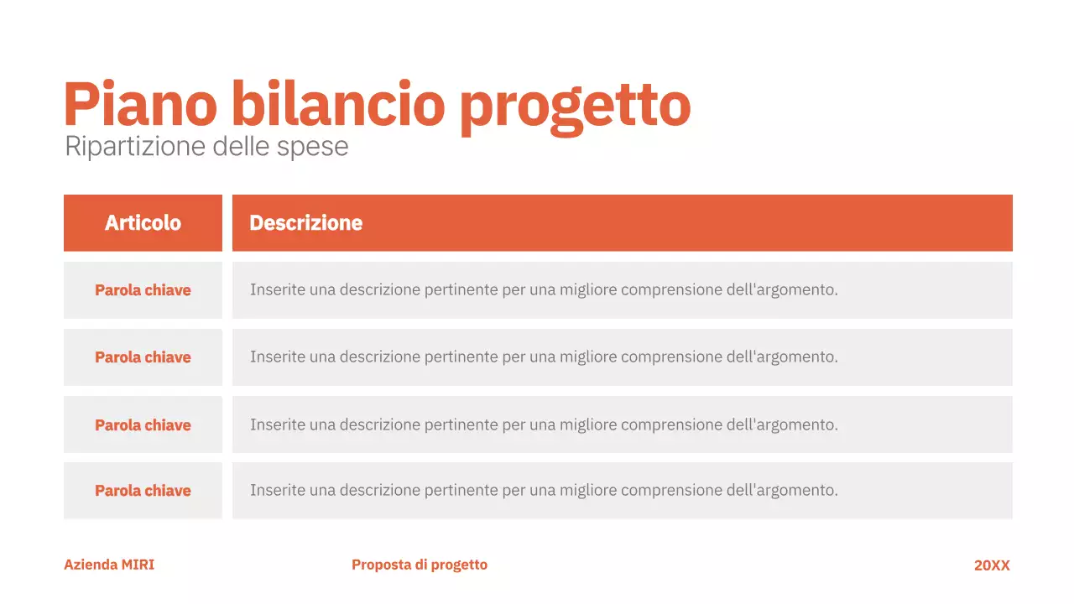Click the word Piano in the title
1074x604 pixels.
pyautogui.click(x=140, y=105)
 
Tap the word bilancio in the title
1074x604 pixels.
pyautogui.click(x=337, y=105)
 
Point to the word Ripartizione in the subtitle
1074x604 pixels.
pyautogui.click(x=135, y=147)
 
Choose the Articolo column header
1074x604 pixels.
pyautogui.click(x=143, y=223)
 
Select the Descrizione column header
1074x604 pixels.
pyautogui.click(x=306, y=223)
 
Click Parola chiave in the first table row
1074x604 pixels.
pyautogui.click(x=143, y=290)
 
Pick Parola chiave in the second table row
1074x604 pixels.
pyautogui.click(x=143, y=357)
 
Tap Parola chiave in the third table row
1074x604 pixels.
pyautogui.click(x=143, y=425)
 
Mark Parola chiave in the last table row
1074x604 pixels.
pyautogui.click(x=143, y=491)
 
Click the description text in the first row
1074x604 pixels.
pyautogui.click(x=544, y=290)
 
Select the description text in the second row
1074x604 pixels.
pyautogui.click(x=544, y=357)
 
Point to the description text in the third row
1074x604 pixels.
pyautogui.click(x=544, y=425)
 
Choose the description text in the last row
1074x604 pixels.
pyautogui.click(x=544, y=491)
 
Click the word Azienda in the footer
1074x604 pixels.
pyautogui.click(x=91, y=565)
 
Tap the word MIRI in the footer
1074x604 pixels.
pyautogui.click(x=138, y=565)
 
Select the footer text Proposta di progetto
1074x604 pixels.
pyautogui.click(x=420, y=565)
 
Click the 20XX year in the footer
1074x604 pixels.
pyautogui.click(x=992, y=565)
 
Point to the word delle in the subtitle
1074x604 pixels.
pyautogui.click(x=241, y=147)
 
